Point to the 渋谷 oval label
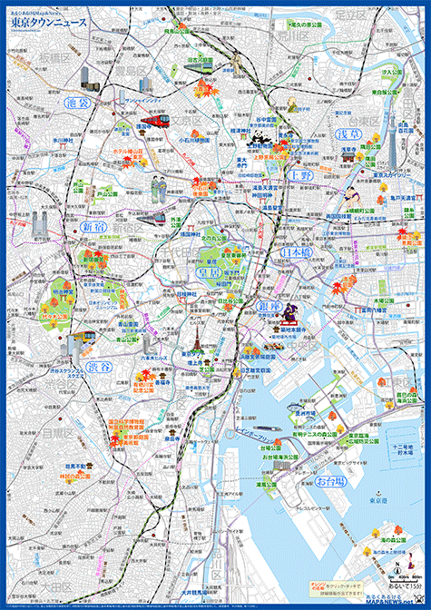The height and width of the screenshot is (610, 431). coord(102,367)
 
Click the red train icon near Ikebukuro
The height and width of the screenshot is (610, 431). coord(152,120)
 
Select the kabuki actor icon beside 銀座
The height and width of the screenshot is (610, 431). coord(292,314)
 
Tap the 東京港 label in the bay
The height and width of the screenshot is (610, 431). coord(387,500)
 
